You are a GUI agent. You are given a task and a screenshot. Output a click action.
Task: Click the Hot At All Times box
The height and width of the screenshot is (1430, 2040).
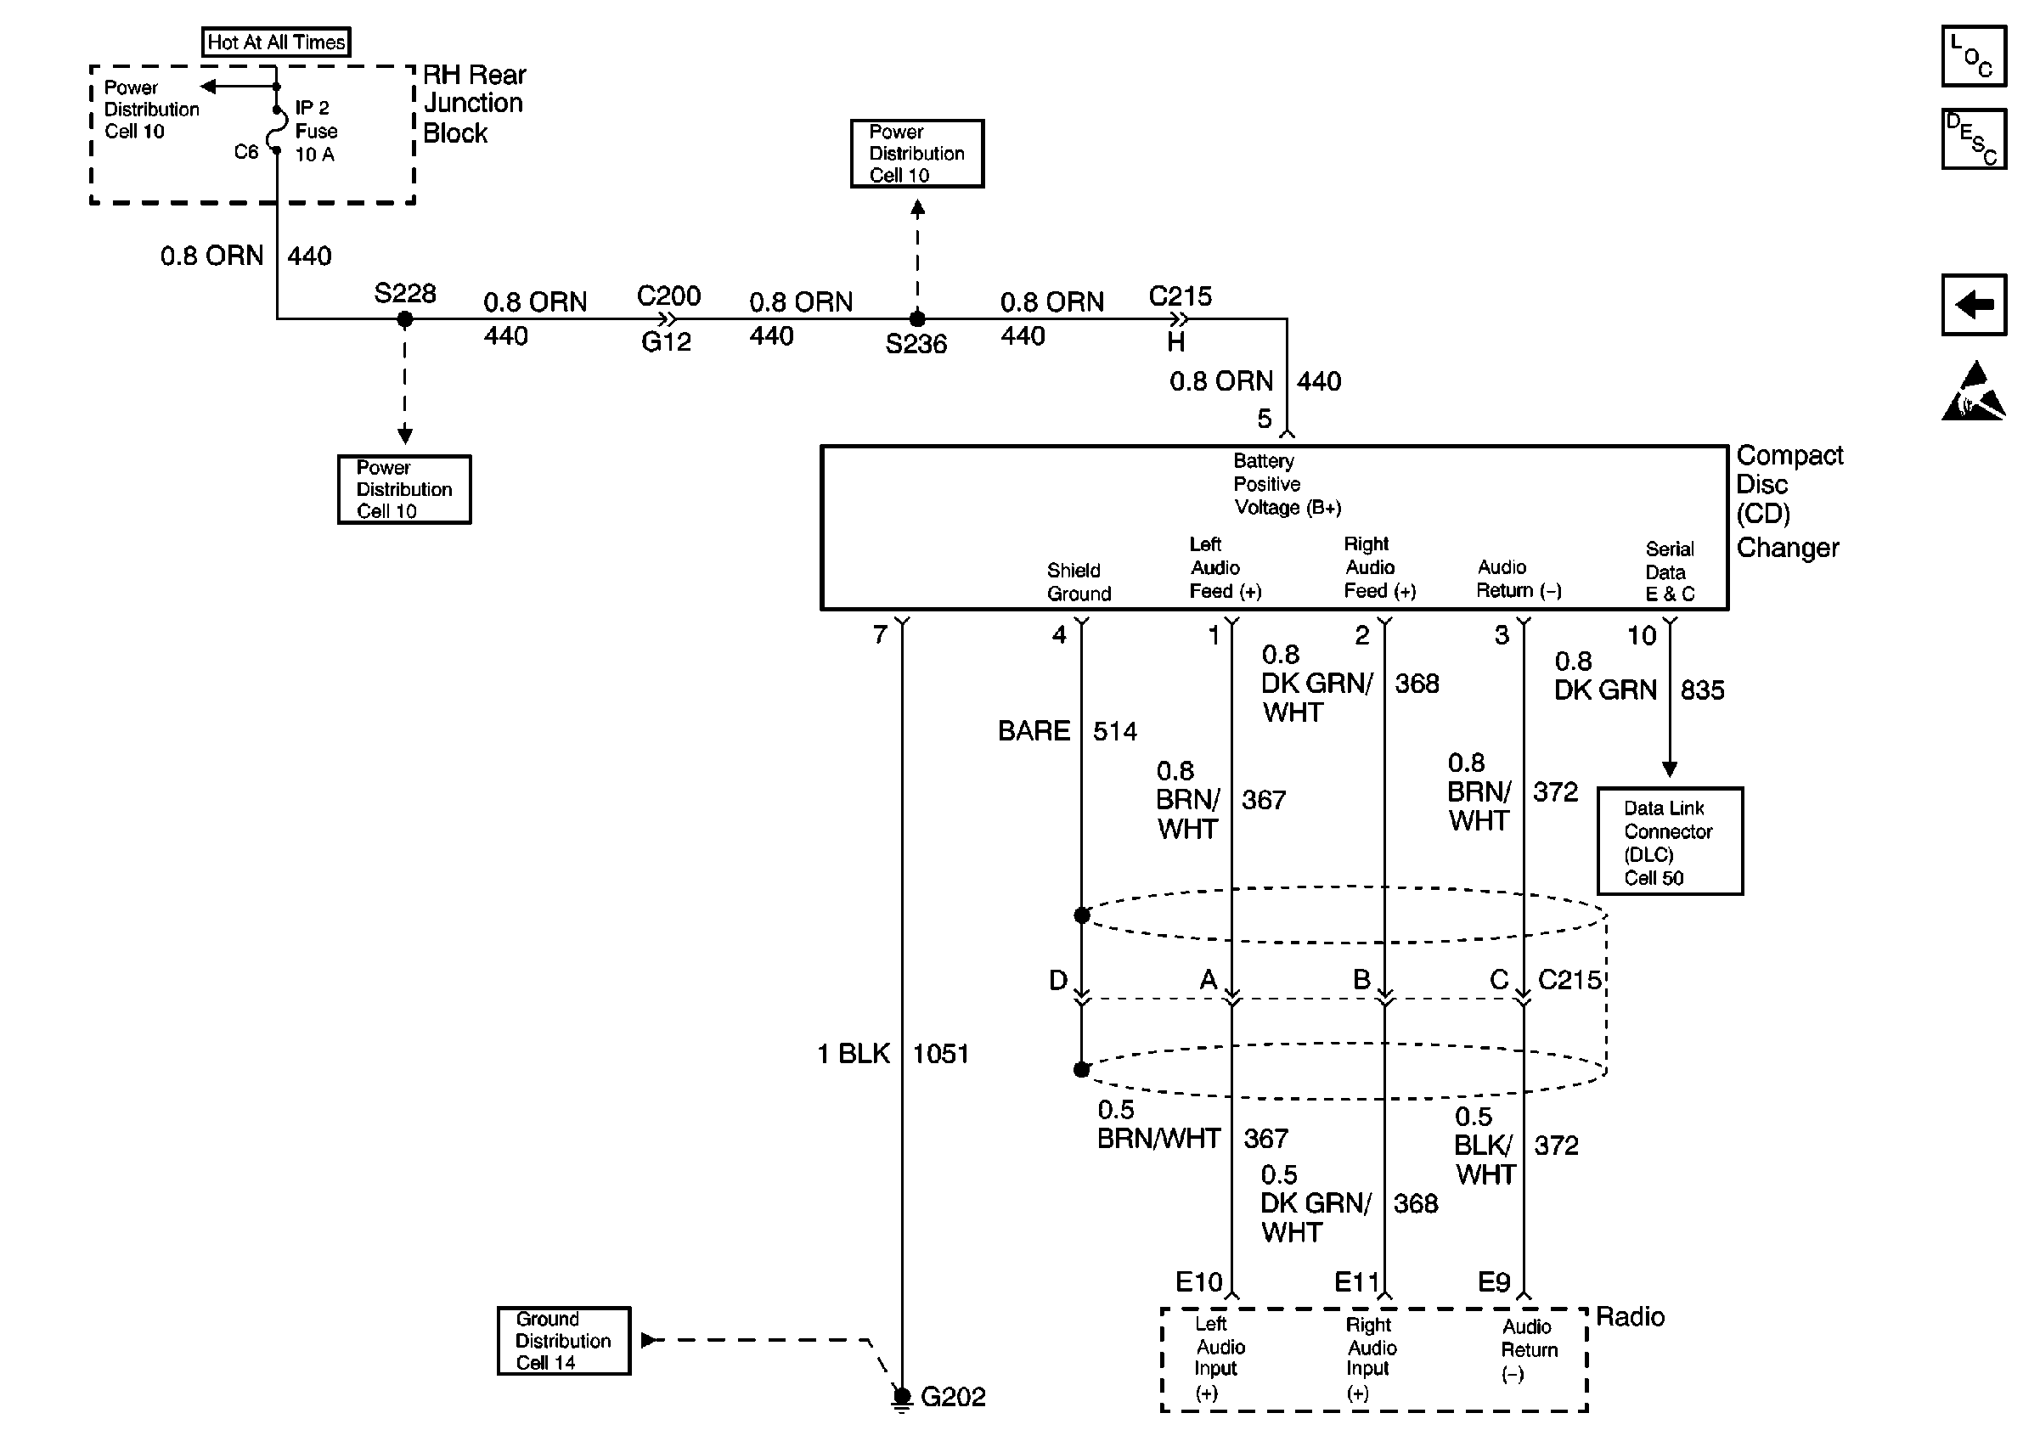276,42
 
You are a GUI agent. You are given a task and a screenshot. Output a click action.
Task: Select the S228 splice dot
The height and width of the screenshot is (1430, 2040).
404,319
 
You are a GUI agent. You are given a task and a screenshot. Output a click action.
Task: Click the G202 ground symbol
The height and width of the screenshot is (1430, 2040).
902,1398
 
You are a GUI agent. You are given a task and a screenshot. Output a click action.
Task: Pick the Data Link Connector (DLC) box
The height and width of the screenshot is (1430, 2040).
1670,842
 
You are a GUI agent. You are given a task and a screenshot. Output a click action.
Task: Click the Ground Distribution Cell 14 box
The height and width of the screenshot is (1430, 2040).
563,1341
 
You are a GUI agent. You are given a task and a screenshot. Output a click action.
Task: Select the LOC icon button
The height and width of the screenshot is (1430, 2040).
1974,56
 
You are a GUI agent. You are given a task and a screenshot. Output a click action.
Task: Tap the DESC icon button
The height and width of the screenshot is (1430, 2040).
1974,138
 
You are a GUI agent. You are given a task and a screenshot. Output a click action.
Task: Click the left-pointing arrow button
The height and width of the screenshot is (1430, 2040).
1974,305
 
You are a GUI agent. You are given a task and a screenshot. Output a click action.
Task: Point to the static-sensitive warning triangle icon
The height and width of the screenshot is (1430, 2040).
1974,391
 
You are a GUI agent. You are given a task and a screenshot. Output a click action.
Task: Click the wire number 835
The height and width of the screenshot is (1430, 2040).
1702,690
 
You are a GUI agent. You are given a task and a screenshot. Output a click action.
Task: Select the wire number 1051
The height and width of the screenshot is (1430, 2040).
941,1055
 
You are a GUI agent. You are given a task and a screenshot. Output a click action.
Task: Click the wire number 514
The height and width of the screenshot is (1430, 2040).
1115,732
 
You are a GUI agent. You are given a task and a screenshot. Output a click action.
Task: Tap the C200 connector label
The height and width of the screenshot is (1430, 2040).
669,296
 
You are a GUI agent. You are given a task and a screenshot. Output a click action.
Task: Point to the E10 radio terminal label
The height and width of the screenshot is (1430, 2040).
1199,1281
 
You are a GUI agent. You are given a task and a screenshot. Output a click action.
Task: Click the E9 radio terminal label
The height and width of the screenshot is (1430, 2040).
1494,1281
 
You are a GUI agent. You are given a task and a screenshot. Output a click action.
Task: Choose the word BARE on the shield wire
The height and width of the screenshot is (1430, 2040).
1034,731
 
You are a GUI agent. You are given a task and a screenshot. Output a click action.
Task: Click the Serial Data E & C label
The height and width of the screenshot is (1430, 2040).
1671,572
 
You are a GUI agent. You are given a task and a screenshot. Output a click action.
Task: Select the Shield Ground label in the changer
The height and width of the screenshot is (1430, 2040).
1079,582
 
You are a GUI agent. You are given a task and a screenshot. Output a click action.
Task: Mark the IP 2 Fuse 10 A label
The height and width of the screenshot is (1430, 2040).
316,131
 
